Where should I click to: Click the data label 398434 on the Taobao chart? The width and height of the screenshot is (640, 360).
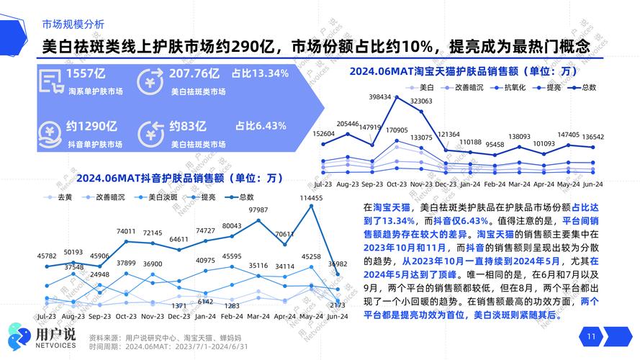point(379,96)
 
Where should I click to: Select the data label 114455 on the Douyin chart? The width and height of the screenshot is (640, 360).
point(311,198)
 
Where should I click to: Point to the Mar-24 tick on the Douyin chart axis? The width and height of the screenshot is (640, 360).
point(258,315)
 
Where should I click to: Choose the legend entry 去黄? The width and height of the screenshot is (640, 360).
point(65,197)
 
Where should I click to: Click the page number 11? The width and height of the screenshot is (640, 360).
point(592,336)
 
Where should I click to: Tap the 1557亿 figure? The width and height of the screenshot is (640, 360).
point(86,74)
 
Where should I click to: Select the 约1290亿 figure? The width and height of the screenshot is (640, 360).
point(91,126)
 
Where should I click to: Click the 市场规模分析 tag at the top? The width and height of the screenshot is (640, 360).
point(73,24)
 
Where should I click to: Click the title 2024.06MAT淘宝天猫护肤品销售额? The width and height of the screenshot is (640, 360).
point(464,71)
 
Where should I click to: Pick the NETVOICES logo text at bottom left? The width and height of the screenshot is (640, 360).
point(55,344)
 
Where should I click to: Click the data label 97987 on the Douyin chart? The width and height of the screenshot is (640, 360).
point(258,210)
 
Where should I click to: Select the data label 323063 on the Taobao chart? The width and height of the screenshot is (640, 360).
point(421,102)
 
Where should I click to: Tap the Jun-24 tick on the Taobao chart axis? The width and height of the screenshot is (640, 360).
point(593,184)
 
